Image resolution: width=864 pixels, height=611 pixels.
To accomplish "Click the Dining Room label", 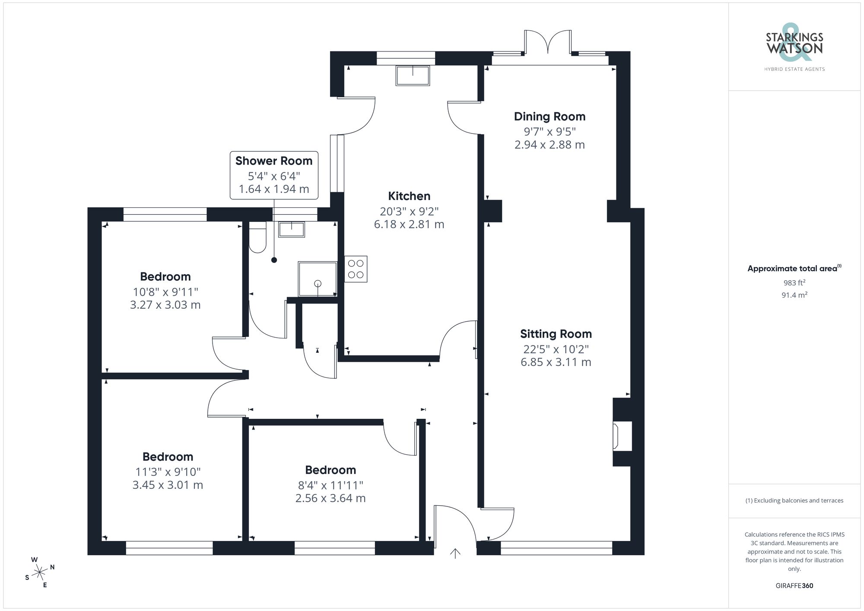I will click(550, 117).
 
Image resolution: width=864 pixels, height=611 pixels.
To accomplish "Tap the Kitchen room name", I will click(409, 196).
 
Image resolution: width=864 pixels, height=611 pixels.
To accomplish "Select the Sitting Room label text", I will click(556, 334).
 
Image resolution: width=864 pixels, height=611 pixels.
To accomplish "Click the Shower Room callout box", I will click(274, 175).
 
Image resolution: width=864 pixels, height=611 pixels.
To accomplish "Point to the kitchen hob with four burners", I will click(356, 269).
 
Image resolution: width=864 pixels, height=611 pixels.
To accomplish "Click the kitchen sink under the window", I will click(413, 75).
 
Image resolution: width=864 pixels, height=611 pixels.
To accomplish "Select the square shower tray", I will click(318, 279).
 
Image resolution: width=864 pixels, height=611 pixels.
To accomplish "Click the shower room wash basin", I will click(292, 229).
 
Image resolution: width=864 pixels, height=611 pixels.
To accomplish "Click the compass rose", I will click(40, 573).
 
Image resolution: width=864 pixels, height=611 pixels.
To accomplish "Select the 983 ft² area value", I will click(794, 283).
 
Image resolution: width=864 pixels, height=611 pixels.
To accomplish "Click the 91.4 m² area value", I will click(794, 295).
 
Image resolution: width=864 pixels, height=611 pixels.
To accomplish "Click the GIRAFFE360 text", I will click(794, 586).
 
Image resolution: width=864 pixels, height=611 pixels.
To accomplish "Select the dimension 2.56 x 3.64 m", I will click(330, 498).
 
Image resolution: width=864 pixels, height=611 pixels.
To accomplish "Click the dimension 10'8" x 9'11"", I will click(165, 292).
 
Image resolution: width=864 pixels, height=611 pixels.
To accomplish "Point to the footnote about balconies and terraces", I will click(794, 500).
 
